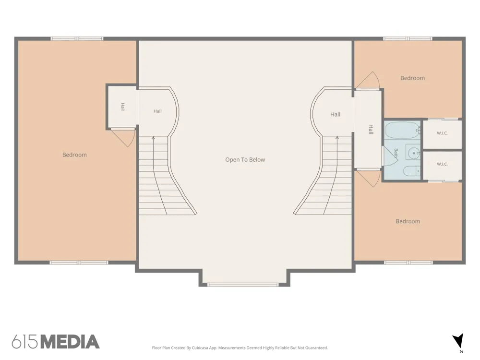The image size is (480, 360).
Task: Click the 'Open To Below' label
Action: pyautogui.click(x=245, y=159)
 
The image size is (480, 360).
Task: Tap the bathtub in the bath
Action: pyautogui.click(x=401, y=130)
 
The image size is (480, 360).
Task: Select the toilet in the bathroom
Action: pyautogui.click(x=411, y=171)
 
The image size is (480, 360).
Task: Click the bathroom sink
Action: pyautogui.click(x=414, y=152)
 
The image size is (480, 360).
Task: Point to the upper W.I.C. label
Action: pyautogui.click(x=442, y=133)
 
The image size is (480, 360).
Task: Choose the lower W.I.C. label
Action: pyautogui.click(x=442, y=164)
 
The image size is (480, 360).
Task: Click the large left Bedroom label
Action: pyautogui.click(x=74, y=155)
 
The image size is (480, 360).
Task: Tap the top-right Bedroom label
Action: pyautogui.click(x=412, y=78)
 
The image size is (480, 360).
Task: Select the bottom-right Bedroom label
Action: pyautogui.click(x=408, y=221)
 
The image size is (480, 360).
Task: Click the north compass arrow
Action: pyautogui.click(x=458, y=340)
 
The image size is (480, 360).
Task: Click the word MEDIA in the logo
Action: pyautogui.click(x=70, y=342)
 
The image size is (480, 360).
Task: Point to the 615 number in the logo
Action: pyautogui.click(x=25, y=342)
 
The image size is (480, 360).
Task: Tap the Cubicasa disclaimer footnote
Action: pyautogui.click(x=240, y=348)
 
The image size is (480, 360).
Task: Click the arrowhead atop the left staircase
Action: pyautogui.click(x=153, y=138)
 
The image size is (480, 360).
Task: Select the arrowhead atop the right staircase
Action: pyautogui.click(x=337, y=138)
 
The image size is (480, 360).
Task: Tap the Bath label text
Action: pyautogui.click(x=396, y=153)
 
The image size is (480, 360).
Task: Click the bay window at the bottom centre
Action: pyautogui.click(x=243, y=285)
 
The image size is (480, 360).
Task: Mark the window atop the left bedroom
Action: pyautogui.click(x=77, y=38)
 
